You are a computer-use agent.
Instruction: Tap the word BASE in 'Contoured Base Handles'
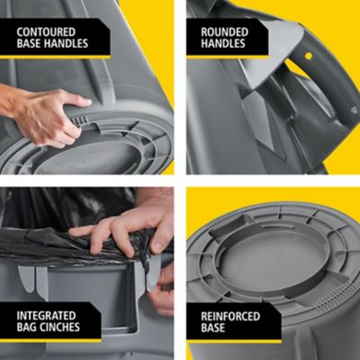coord(31,43)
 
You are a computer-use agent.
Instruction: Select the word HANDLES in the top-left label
coord(68,43)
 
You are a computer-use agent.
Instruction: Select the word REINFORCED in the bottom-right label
coord(231,315)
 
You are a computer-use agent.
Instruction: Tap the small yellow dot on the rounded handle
coord(308,55)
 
